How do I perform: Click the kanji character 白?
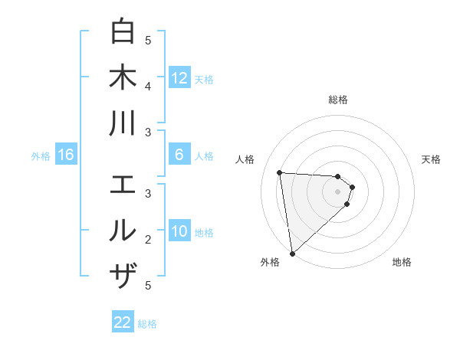(x=123, y=32)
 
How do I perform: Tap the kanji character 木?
(x=123, y=77)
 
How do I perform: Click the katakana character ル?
(x=123, y=230)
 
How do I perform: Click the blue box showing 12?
(x=179, y=78)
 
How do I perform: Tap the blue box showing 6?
(x=179, y=155)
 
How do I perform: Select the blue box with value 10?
(x=179, y=232)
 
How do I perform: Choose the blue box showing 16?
(x=66, y=155)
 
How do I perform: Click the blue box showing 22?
(x=123, y=322)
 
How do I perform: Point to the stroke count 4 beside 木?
(x=148, y=85)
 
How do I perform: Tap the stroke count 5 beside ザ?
(x=148, y=285)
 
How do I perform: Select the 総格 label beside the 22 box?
(x=147, y=324)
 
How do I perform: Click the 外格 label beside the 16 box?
(x=41, y=156)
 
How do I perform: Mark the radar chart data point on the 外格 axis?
(x=292, y=253)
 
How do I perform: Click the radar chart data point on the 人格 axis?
(x=280, y=172)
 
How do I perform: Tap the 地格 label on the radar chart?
(x=402, y=262)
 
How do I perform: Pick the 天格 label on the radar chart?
(x=431, y=159)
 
